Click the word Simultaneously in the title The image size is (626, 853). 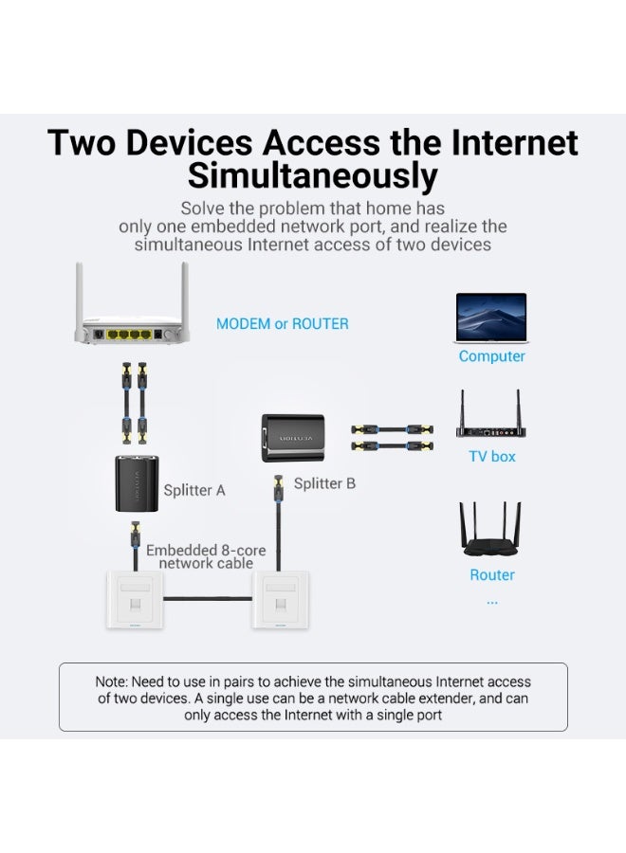click(x=312, y=176)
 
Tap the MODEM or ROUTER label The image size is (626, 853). click(x=283, y=323)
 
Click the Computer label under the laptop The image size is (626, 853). click(x=491, y=356)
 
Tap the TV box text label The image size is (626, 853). click(x=491, y=457)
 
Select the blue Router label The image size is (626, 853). click(x=492, y=575)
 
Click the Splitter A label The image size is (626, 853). click(x=194, y=490)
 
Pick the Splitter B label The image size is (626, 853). click(x=324, y=483)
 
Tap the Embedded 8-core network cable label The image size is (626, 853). click(x=206, y=556)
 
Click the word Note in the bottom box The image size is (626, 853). click(x=110, y=681)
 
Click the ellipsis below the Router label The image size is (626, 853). click(x=491, y=600)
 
